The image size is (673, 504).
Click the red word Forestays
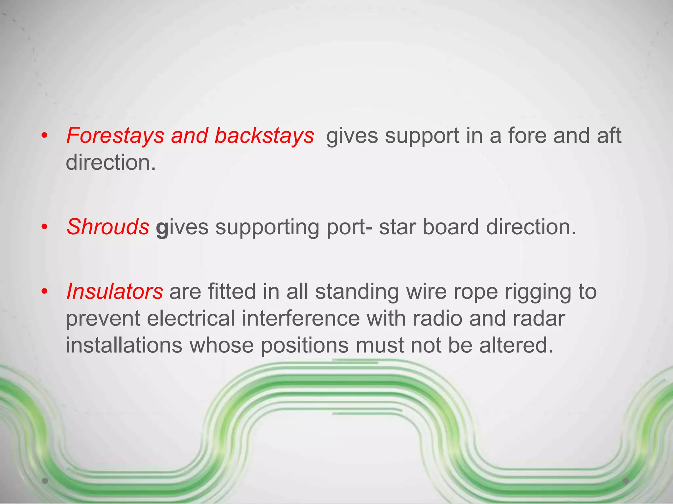pyautogui.click(x=115, y=136)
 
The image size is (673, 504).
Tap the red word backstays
pyautogui.click(x=264, y=136)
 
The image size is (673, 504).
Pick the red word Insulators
pyautogui.click(x=115, y=291)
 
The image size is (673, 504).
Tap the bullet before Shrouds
pyautogui.click(x=45, y=227)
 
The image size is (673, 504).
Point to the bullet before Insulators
pyautogui.click(x=45, y=291)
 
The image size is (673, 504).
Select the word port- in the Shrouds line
pyautogui.click(x=350, y=227)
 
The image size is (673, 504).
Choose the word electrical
pyautogui.click(x=191, y=318)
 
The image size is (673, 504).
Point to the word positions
pyautogui.click(x=305, y=346)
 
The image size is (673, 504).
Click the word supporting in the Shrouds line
pyautogui.click(x=267, y=227)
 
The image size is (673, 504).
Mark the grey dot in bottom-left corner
pyautogui.click(x=45, y=481)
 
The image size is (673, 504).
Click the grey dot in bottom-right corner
pyautogui.click(x=626, y=481)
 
